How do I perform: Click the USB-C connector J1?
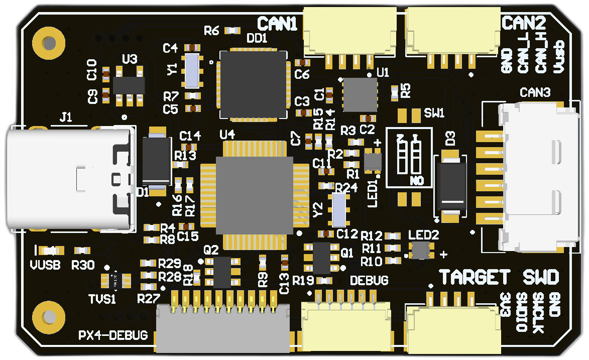(x=70, y=178)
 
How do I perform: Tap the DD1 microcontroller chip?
(x=254, y=84)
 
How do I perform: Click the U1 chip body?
(x=360, y=95)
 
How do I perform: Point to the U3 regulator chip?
(x=129, y=85)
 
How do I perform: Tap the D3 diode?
(x=453, y=184)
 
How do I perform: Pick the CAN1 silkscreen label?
(x=277, y=23)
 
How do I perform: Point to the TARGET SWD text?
(x=499, y=277)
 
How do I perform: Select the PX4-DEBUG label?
(x=113, y=335)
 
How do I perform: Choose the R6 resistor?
(x=231, y=31)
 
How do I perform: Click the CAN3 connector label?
(x=535, y=93)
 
